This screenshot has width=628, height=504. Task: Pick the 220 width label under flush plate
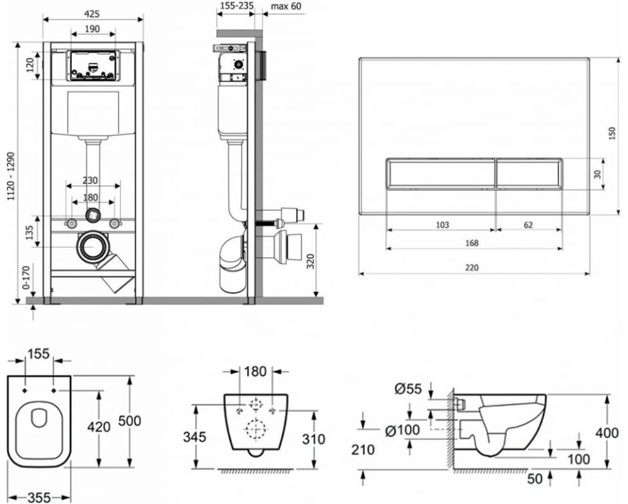tap(472, 267)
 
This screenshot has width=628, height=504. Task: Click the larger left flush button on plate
tap(439, 173)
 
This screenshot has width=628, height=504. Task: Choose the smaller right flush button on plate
tap(528, 173)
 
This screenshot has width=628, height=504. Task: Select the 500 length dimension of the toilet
tap(146, 420)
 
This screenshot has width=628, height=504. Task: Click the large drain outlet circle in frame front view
tap(92, 248)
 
